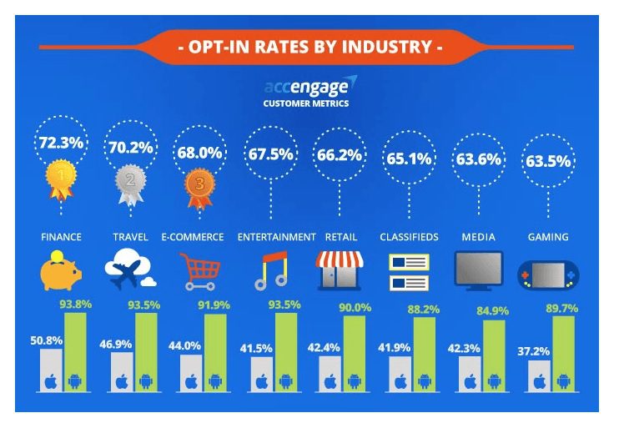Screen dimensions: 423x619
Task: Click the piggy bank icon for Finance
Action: pyautogui.click(x=60, y=270)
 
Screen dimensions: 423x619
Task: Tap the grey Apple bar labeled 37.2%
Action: pyautogui.click(x=537, y=376)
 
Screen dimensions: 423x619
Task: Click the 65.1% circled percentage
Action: pyautogui.click(x=408, y=154)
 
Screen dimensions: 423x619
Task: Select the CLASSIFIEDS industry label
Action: pyautogui.click(x=409, y=237)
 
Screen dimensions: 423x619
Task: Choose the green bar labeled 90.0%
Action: pyautogui.click(x=354, y=355)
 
